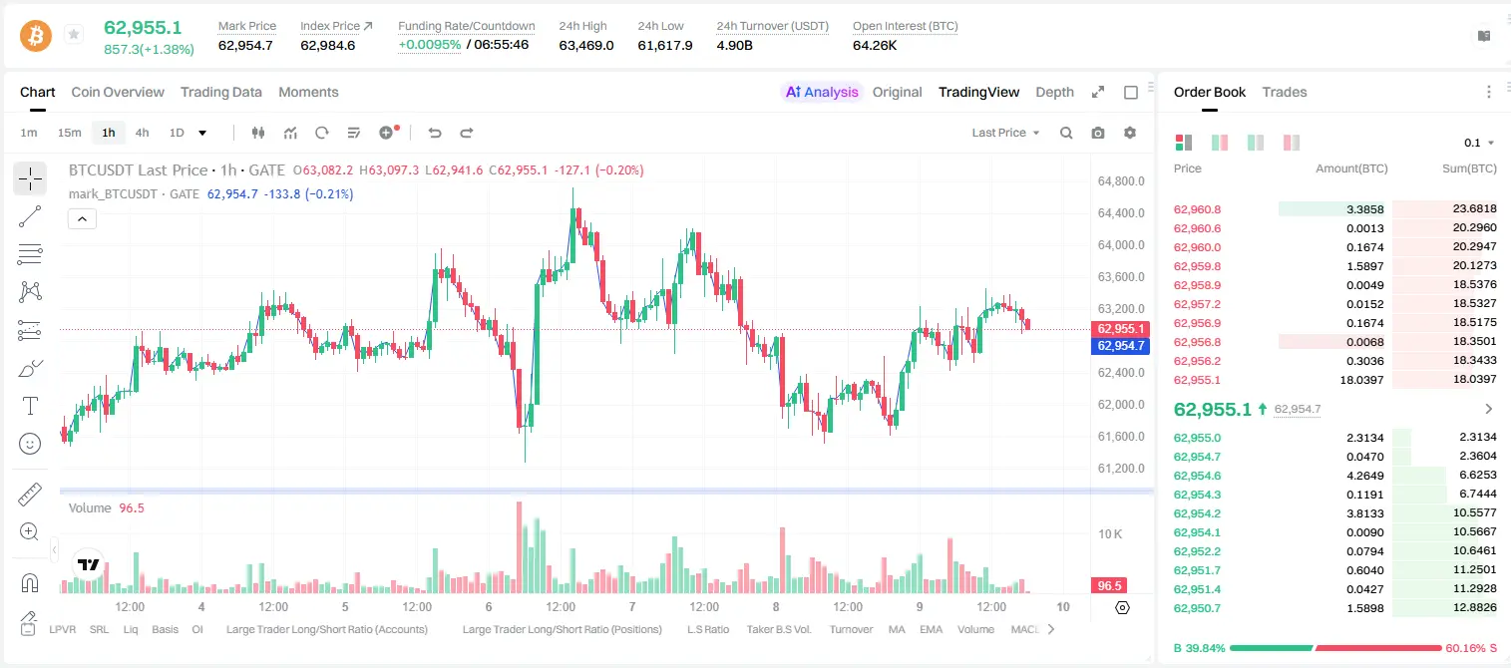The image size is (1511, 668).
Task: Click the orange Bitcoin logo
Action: pos(36,35)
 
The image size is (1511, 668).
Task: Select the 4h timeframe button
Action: pos(142,133)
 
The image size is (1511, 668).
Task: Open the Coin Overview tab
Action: pos(118,92)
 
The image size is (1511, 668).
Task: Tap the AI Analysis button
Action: pos(822,92)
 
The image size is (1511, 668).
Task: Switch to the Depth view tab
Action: pos(1054,92)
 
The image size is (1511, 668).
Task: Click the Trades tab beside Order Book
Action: pos(1285,92)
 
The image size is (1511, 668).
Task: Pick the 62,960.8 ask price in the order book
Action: pos(1197,209)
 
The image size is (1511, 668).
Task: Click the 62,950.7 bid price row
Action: pos(1197,608)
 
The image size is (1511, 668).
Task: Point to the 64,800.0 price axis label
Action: pos(1121,181)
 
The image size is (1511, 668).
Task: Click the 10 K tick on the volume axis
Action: pos(1110,533)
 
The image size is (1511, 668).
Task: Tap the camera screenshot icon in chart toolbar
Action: pos(1098,133)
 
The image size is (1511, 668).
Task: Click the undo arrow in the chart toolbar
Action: pos(435,133)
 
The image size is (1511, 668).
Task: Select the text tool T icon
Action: pos(30,406)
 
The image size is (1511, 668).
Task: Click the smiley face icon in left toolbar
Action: pos(30,444)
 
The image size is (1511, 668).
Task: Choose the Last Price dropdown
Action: pos(1005,133)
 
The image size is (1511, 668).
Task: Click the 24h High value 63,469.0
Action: pos(586,45)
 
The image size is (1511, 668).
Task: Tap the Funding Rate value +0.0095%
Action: pos(430,45)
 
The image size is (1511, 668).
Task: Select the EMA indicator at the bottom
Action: pos(931,629)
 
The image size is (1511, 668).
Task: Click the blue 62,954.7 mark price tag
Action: pos(1120,346)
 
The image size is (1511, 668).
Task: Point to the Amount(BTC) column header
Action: pos(1351,168)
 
